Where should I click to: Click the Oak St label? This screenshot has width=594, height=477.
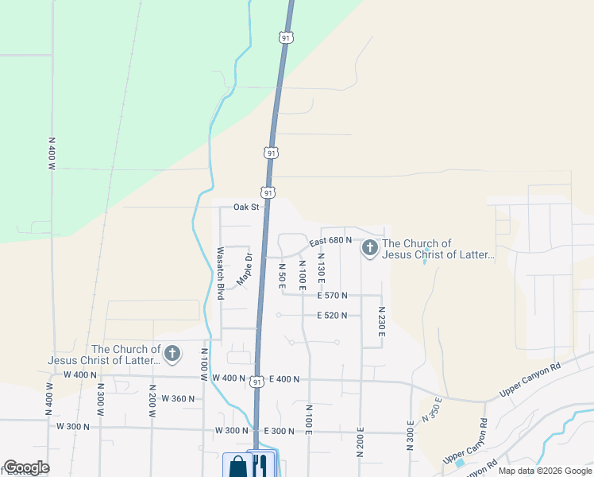246,207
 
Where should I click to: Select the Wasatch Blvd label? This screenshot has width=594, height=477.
221,273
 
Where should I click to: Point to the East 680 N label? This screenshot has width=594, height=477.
330,241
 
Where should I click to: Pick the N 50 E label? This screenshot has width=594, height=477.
282,275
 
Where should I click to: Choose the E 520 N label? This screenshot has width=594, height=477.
334,316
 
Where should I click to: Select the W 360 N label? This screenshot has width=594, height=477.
178,398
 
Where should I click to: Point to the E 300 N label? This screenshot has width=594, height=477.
280,431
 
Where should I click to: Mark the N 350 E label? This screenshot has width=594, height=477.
431,412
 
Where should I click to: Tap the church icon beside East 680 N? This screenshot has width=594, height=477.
369,249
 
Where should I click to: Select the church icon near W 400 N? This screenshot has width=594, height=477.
172,354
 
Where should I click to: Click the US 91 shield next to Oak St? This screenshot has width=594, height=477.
268,192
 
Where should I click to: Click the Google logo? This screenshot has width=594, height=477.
26,468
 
